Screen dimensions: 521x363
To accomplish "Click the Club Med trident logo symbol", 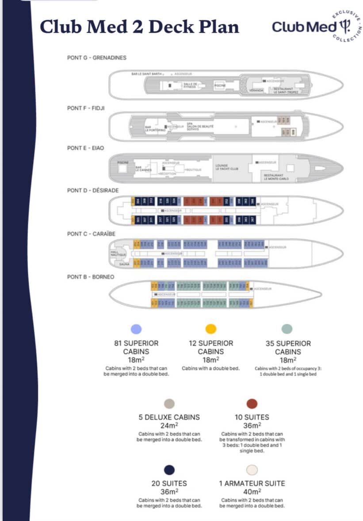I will [345, 27].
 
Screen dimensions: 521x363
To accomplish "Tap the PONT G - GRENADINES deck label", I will [97, 58].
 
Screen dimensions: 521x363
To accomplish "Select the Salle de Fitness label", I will [191, 85].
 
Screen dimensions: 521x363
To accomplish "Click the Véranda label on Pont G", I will [256, 90].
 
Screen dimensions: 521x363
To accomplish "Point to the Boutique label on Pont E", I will [193, 170].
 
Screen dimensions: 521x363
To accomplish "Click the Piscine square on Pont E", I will [122, 162].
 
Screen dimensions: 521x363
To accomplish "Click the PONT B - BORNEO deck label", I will [91, 277].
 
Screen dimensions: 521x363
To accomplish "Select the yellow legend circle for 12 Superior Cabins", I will [211, 328].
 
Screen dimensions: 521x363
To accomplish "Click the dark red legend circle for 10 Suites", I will [252, 403].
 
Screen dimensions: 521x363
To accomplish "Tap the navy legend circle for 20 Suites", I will [169, 469].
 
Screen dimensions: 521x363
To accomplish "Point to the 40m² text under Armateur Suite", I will [252, 491].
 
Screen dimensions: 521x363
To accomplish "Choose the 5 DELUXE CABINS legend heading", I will [169, 417].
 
